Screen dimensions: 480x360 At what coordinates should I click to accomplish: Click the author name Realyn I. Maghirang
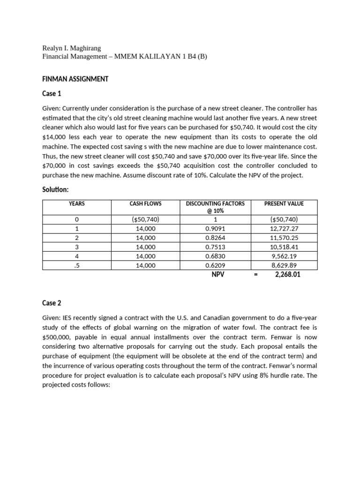tap(71, 48)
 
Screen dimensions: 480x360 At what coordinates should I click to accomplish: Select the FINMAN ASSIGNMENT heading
tap(75, 79)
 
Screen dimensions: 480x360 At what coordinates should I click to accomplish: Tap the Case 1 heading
tap(52, 94)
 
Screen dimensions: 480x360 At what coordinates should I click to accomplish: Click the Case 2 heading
tap(52, 303)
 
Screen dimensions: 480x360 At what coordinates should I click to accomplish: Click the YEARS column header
tap(76, 203)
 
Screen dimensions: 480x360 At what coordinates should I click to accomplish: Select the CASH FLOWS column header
tap(145, 203)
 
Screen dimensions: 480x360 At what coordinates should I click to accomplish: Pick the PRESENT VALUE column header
tap(284, 203)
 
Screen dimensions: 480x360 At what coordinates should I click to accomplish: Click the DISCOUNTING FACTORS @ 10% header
tap(215, 207)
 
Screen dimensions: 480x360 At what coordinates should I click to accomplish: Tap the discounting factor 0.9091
tap(215, 229)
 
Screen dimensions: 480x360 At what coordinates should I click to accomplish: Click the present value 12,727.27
tap(284, 229)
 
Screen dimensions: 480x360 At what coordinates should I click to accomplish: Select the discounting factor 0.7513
tap(215, 247)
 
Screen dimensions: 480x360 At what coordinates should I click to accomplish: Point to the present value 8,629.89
tap(284, 265)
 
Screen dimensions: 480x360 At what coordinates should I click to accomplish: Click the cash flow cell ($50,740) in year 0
tap(145, 219)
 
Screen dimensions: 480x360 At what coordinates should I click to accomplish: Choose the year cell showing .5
tap(76, 265)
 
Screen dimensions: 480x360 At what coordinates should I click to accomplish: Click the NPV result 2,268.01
tap(287, 275)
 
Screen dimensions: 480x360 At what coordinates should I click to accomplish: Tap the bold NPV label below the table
tap(217, 275)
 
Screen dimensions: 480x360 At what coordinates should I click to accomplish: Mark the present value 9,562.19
tap(284, 256)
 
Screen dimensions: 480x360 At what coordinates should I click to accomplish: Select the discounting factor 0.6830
tap(215, 256)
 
